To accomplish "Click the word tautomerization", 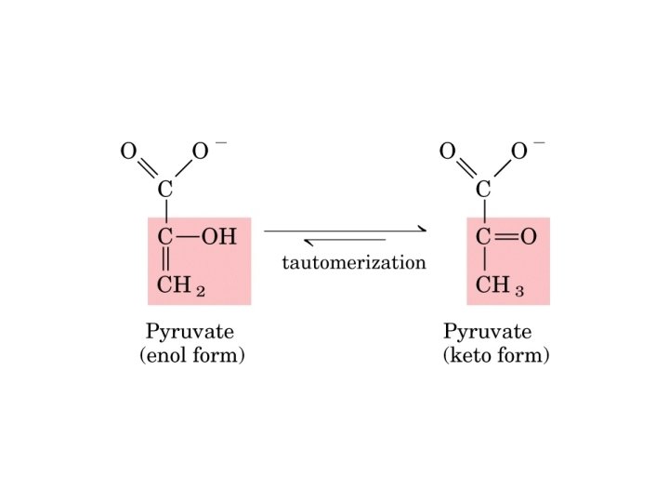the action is coord(353,262).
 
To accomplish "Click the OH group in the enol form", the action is coord(219,237).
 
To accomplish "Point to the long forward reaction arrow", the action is coord(345,230).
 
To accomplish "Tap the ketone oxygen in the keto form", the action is coord(529,237).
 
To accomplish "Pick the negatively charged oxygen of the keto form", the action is coord(519,152).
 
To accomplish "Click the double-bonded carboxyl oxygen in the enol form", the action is coord(129,152).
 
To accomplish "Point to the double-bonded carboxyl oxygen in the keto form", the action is coord(447,152).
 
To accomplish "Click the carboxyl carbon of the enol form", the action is coord(165,191).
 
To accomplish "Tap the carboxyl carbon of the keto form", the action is coord(483,191).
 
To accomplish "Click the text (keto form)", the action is coord(496,356).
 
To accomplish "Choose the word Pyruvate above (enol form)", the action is coord(190,332).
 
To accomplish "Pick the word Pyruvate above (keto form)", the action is coord(487,332).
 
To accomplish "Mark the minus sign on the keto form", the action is coord(540,143).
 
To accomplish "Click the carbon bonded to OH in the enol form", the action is coord(165,237).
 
